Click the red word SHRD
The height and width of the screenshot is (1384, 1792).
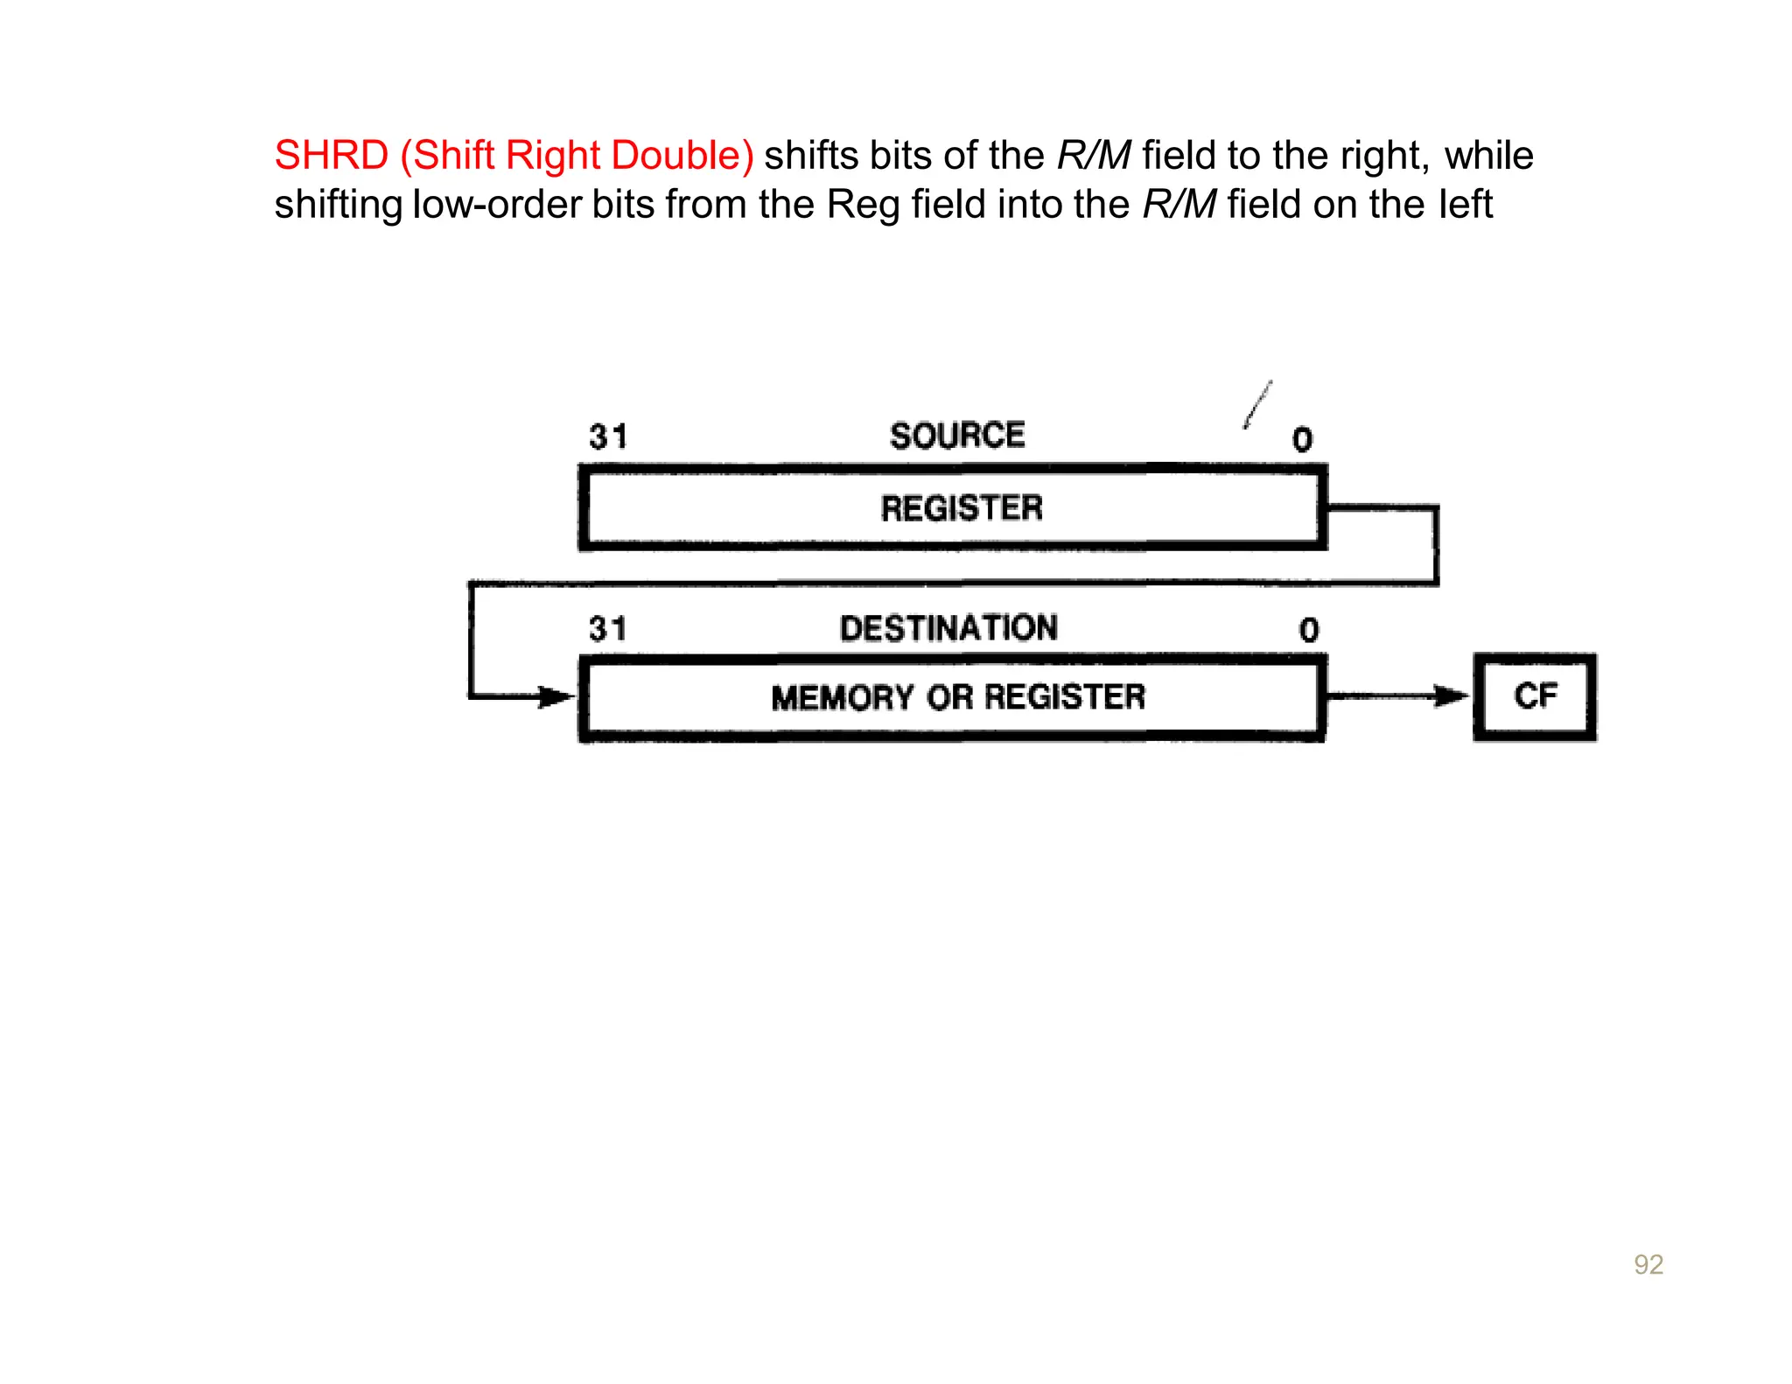[x=331, y=156]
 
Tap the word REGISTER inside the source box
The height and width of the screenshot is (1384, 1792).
[x=961, y=508]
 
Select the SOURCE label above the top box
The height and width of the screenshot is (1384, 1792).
[x=956, y=436]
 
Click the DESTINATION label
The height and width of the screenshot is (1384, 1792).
[x=948, y=628]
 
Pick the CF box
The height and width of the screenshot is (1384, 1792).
[x=1535, y=697]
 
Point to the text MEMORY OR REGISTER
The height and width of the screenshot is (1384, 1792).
[x=957, y=697]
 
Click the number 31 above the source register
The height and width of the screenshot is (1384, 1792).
[x=608, y=437]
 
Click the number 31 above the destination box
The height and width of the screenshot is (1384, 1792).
[x=608, y=629]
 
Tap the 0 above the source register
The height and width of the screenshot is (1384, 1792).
[x=1302, y=439]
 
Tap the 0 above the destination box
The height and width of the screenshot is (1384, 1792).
[x=1308, y=630]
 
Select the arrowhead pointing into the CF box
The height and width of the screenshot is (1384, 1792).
[x=1452, y=696]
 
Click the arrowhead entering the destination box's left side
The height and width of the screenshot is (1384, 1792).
[x=556, y=697]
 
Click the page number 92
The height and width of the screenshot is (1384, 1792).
[x=1648, y=1264]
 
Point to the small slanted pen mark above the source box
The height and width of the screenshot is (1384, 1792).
[x=1258, y=404]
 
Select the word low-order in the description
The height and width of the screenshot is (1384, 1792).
[x=496, y=205]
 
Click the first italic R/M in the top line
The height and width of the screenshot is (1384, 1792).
[x=1094, y=156]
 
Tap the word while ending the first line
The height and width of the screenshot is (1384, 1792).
[x=1488, y=156]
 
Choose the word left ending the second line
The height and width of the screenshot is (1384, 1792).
[x=1464, y=205]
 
